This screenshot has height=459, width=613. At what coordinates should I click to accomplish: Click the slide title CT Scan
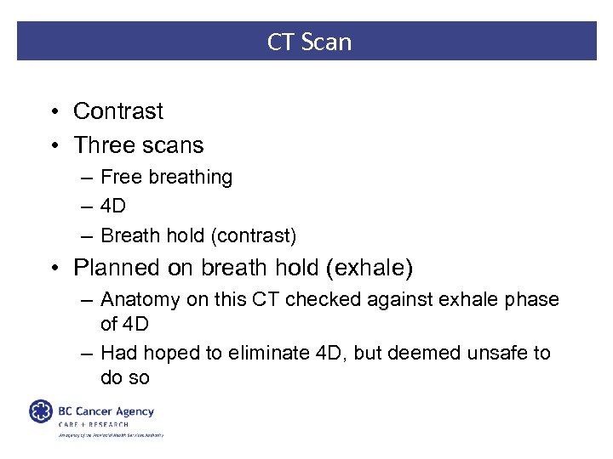point(308,42)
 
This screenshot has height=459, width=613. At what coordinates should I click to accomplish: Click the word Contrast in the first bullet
point(118,111)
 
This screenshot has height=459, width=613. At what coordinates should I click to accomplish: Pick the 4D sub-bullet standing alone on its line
point(113,206)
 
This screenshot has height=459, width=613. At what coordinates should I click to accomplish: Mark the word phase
point(534,300)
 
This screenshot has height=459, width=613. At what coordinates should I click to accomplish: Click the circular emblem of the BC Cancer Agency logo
point(41,411)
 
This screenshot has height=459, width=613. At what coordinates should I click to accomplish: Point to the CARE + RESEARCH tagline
point(94,423)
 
